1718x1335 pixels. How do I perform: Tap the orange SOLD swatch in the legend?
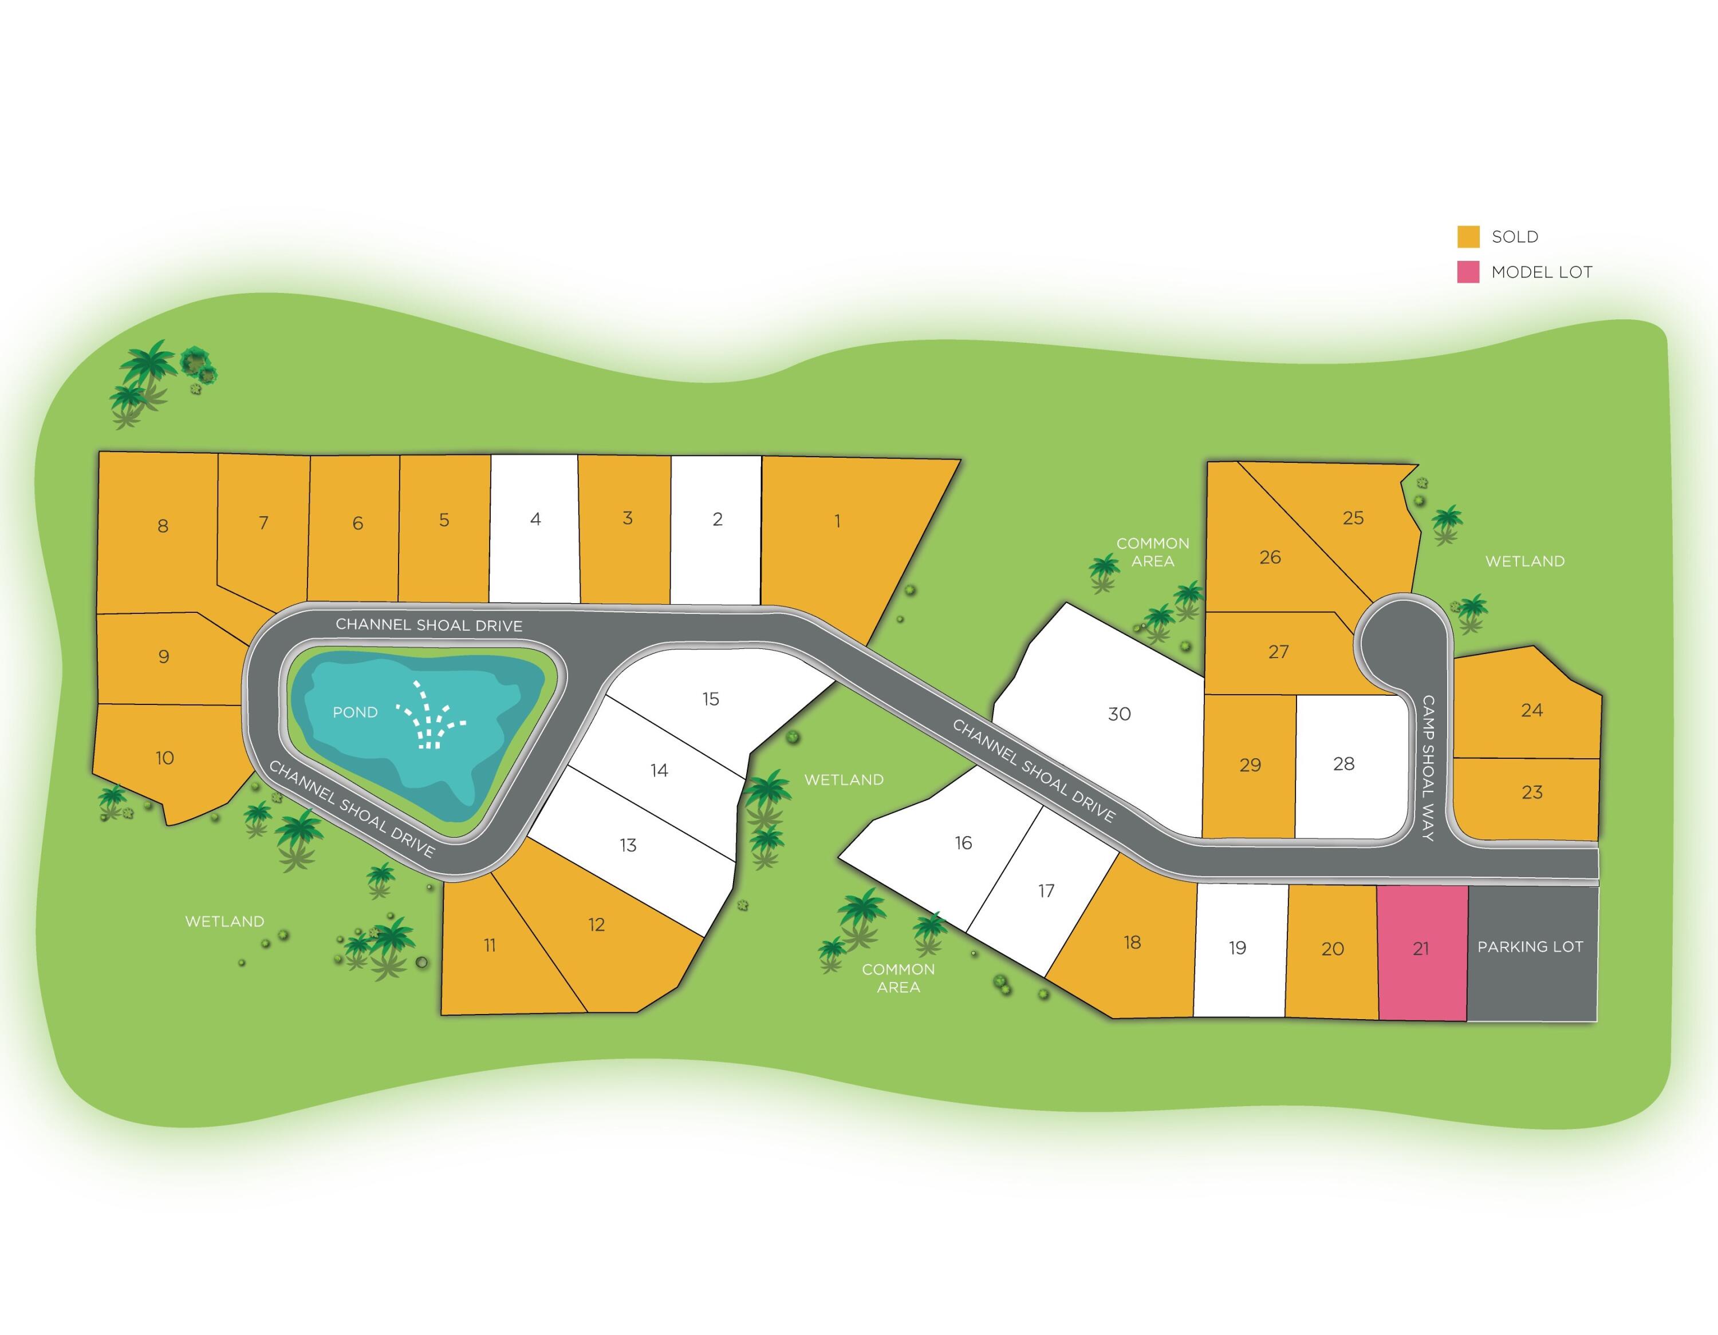[1468, 237]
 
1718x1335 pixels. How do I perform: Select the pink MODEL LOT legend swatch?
[1468, 272]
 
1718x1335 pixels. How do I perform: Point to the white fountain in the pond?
[430, 715]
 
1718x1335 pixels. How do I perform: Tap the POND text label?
[355, 712]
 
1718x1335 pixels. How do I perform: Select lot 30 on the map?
[1118, 714]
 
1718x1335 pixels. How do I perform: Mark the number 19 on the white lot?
[1238, 948]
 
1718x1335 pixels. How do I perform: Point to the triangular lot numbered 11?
[489, 946]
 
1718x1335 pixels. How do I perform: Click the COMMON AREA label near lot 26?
[1152, 552]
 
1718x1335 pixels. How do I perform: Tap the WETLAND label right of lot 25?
[1524, 561]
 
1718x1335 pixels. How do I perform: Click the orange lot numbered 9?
[164, 656]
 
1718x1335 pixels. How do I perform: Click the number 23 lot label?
[1531, 793]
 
